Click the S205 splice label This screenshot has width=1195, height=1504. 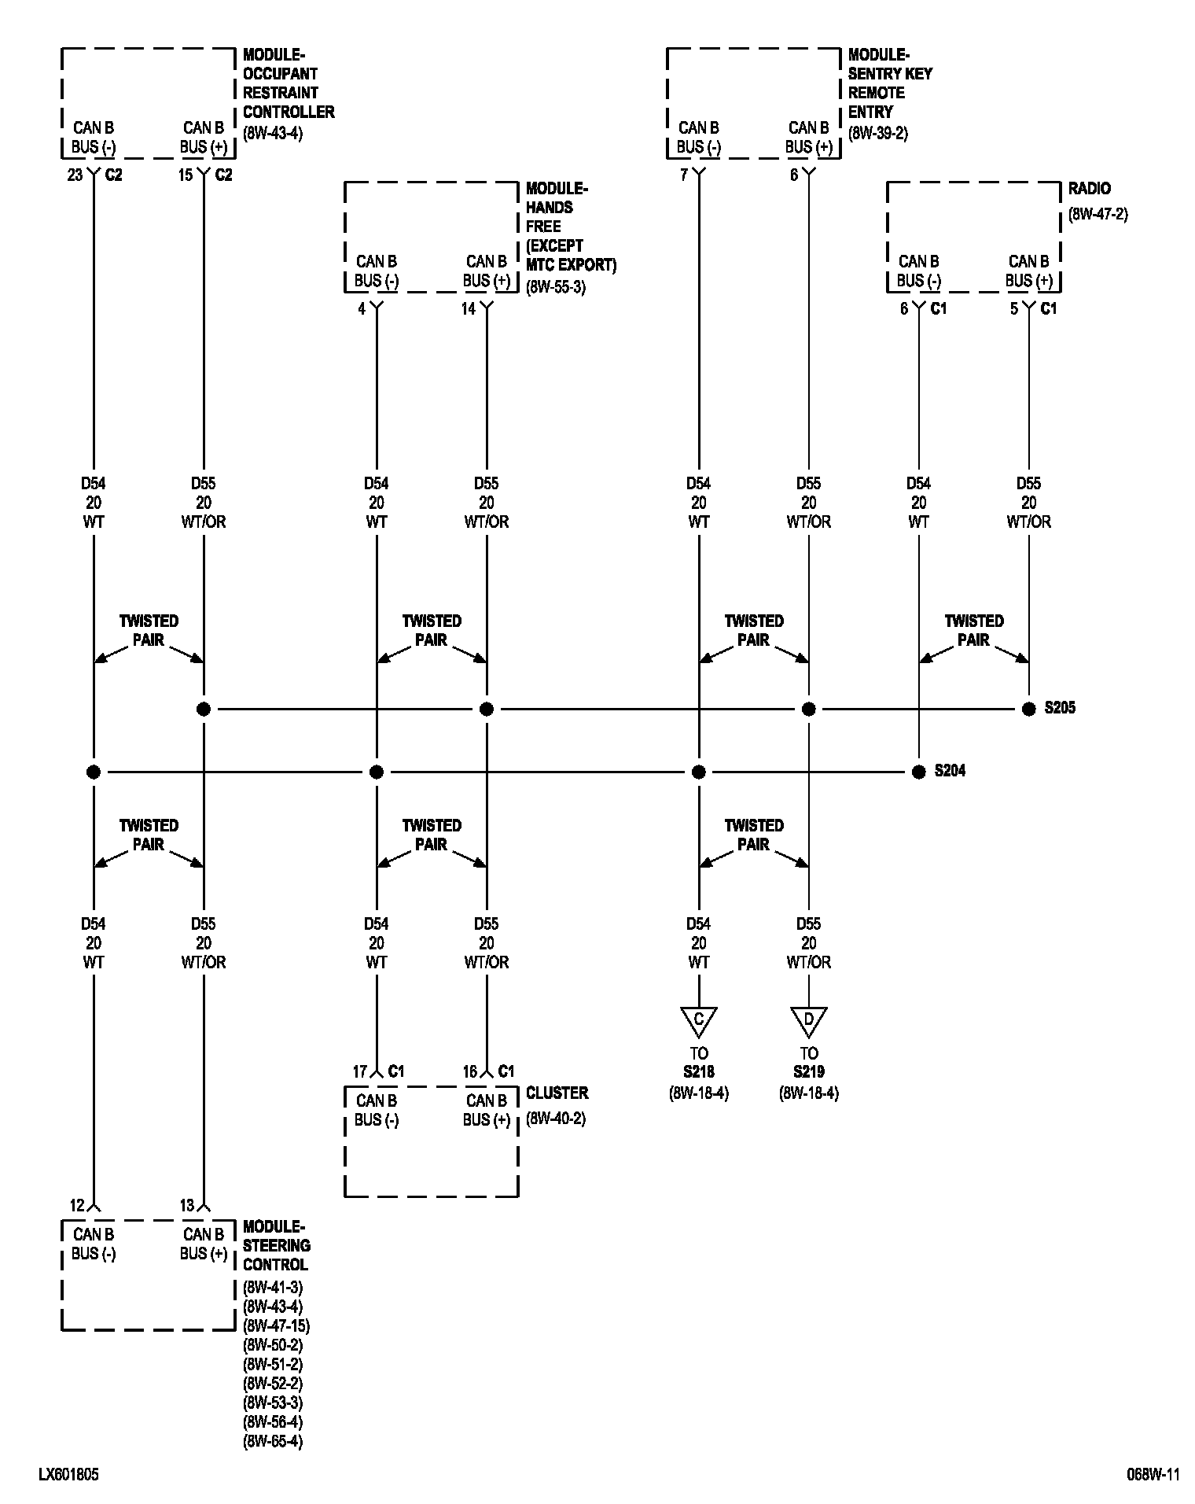(1060, 708)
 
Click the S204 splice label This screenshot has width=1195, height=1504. (950, 771)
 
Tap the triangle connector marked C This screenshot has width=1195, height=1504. (698, 1020)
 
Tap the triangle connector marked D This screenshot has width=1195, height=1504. (808, 1020)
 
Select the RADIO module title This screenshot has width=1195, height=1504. (1089, 189)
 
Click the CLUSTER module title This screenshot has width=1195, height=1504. (557, 1093)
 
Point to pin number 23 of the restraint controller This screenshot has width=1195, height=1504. (75, 175)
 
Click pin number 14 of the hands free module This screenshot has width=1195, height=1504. (469, 309)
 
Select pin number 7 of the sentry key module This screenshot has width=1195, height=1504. (684, 175)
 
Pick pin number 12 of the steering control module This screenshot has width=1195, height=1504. (77, 1205)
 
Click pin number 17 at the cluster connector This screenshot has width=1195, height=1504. (360, 1071)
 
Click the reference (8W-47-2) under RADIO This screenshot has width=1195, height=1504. (1098, 214)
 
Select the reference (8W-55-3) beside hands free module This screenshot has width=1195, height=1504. (556, 288)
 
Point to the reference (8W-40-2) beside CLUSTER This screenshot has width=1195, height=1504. (556, 1118)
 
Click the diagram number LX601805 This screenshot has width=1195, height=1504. (68, 1475)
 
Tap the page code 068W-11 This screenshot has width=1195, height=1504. (1153, 1475)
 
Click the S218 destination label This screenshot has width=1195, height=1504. (698, 1071)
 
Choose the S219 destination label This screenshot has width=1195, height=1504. (808, 1071)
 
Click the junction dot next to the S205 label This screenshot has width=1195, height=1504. (1028, 709)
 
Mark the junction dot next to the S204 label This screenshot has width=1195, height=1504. (918, 772)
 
